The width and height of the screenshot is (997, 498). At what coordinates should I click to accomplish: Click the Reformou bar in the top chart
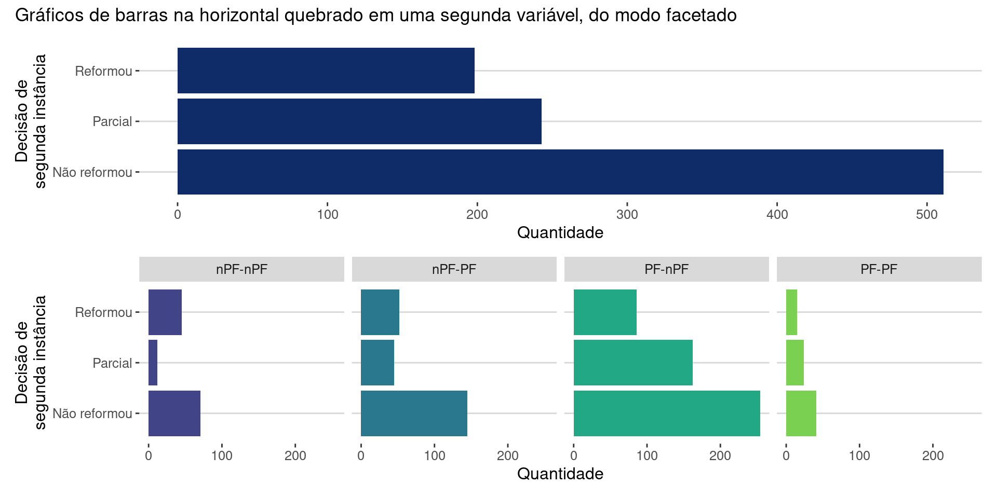[326, 71]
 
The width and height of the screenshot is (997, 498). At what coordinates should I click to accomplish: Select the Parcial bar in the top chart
[359, 121]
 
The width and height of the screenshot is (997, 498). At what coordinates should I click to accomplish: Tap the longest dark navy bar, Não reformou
[560, 172]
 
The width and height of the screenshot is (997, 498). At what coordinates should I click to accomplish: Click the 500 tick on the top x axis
[927, 214]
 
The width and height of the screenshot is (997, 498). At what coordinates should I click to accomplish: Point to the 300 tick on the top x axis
[627, 214]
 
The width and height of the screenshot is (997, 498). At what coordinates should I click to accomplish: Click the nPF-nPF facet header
[241, 269]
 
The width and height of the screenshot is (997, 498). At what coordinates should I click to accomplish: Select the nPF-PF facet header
[454, 269]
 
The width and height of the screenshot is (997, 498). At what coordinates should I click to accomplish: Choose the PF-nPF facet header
[666, 269]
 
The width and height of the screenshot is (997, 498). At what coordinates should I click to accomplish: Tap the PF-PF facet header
[879, 269]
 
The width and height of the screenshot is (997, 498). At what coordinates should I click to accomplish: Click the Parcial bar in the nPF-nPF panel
[153, 363]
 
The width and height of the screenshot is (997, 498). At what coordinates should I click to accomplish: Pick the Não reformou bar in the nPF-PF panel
[414, 413]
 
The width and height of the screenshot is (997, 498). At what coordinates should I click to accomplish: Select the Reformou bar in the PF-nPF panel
[605, 312]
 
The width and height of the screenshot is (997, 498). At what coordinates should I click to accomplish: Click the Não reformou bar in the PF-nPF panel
[667, 413]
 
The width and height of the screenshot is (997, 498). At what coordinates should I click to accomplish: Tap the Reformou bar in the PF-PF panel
[791, 312]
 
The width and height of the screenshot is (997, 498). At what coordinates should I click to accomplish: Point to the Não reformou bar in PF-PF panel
[801, 413]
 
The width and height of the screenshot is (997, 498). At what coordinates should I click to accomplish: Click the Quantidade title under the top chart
[560, 232]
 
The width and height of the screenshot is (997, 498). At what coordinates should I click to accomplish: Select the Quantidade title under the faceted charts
[560, 474]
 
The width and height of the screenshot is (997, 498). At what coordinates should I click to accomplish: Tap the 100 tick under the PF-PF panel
[859, 456]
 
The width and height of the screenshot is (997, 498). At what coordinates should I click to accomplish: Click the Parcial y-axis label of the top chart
[112, 121]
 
